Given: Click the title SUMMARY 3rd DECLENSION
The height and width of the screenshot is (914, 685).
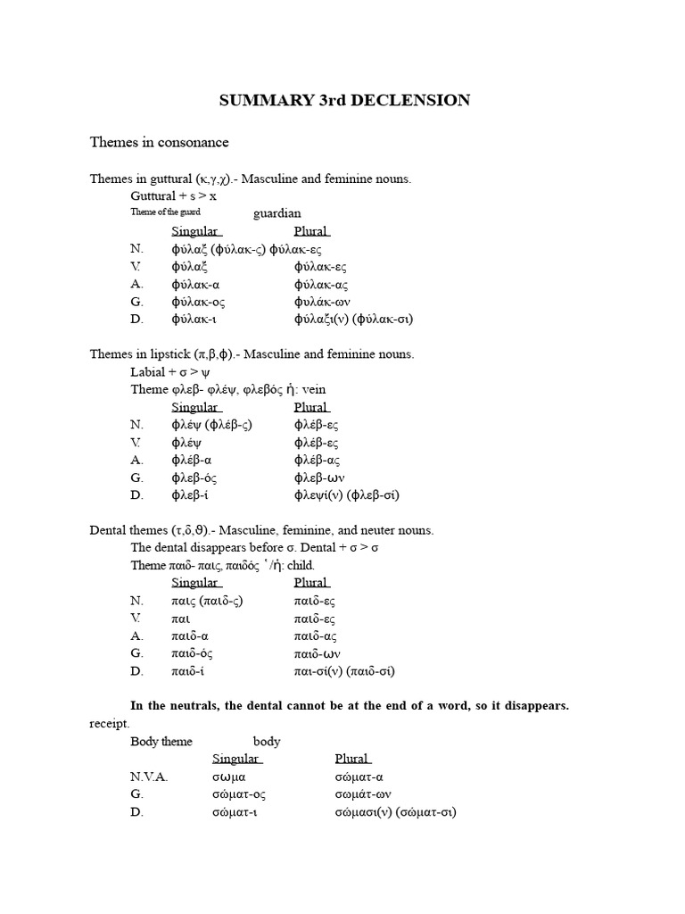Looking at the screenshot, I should click(x=344, y=101).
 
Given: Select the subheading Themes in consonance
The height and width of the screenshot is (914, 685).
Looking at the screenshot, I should click(x=159, y=142).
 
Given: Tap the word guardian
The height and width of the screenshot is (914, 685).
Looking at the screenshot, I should click(x=277, y=213).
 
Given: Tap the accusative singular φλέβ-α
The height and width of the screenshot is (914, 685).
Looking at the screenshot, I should click(x=191, y=460).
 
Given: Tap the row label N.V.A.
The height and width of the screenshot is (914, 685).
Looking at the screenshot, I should click(x=148, y=777).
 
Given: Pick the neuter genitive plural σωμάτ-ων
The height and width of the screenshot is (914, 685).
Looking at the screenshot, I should click(x=363, y=794).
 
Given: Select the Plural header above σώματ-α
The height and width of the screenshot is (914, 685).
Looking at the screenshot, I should click(x=352, y=759).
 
